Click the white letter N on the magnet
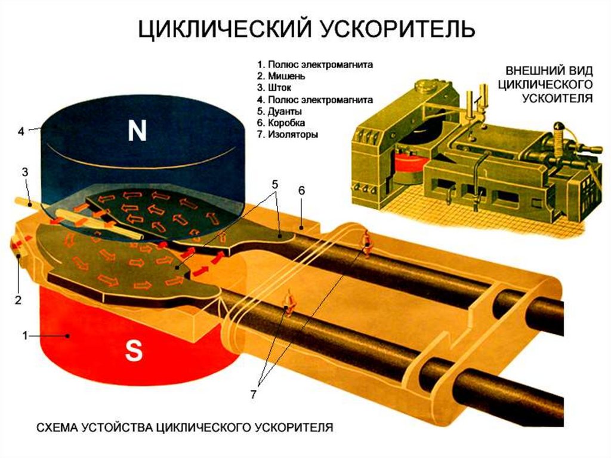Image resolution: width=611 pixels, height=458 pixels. pyautogui.click(x=137, y=131)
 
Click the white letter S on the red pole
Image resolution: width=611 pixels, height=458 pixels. pyautogui.click(x=134, y=352)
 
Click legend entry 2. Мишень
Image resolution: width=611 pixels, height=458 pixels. pyautogui.click(x=281, y=76)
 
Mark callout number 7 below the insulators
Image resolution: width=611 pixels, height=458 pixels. pyautogui.click(x=253, y=395)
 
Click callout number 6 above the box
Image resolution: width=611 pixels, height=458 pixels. pyautogui.click(x=301, y=190)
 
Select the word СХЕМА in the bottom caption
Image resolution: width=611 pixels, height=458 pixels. pyautogui.click(x=60, y=428)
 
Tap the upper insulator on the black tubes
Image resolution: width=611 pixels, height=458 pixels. pyautogui.click(x=366, y=242)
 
